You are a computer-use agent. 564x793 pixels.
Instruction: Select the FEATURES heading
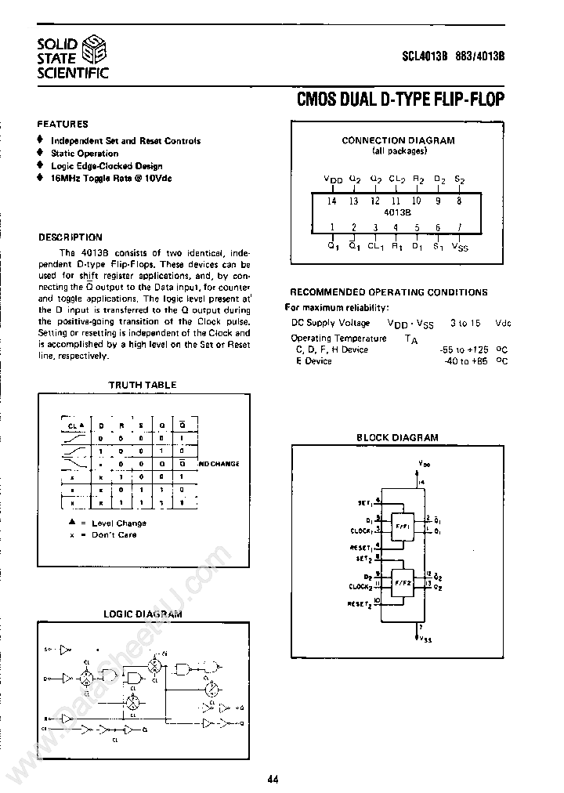tap(63, 124)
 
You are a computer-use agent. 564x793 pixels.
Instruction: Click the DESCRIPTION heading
tap(70, 237)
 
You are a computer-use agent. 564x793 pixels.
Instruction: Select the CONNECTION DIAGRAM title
tap(398, 140)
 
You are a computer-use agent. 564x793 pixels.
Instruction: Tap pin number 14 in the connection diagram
tap(332, 201)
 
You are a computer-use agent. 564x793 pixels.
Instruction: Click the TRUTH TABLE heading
tap(142, 385)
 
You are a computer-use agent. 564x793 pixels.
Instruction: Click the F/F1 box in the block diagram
tap(403, 525)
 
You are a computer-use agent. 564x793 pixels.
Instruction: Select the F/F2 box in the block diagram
tap(403, 584)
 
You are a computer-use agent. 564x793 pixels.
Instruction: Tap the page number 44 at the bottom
tap(273, 779)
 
